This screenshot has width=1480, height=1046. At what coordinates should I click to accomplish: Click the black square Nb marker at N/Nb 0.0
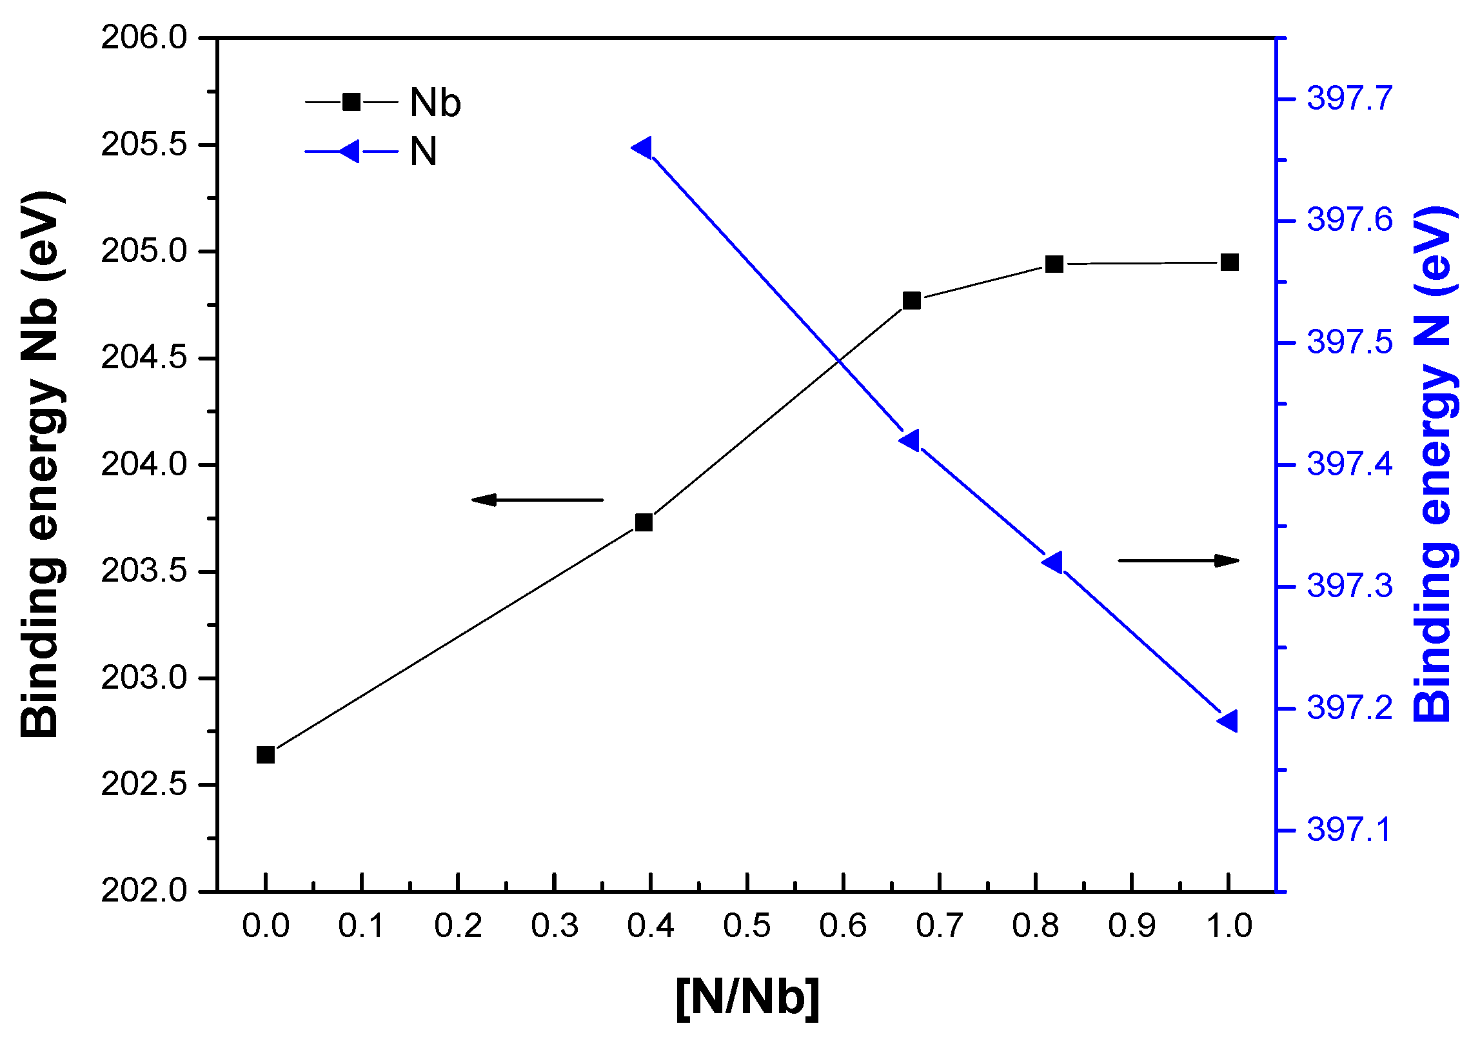point(266,755)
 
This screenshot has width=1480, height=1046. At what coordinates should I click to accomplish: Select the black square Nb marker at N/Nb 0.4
point(644,522)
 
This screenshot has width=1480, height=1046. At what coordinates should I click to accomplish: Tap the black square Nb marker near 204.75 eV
point(911,301)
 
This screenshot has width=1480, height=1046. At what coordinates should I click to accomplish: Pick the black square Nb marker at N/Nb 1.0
point(1229,262)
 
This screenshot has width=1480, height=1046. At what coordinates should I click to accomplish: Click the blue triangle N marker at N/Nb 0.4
point(642,148)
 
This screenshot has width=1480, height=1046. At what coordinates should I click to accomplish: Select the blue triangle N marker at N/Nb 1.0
point(1228,720)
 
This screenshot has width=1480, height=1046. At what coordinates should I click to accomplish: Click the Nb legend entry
point(383,103)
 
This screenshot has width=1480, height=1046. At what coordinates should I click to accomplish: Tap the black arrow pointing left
point(537,500)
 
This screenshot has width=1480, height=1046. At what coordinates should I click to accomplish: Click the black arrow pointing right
point(1178,561)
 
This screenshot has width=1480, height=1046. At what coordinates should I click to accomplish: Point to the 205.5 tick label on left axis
point(144,145)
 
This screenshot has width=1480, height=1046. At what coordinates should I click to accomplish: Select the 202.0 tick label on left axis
point(144,891)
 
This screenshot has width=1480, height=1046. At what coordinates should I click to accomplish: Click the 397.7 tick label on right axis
point(1349,99)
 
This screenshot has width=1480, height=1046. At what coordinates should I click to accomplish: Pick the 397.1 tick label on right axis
point(1349,830)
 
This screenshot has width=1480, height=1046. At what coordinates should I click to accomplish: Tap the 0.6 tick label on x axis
point(843,926)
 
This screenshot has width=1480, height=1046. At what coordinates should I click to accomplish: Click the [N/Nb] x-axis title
point(747,997)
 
